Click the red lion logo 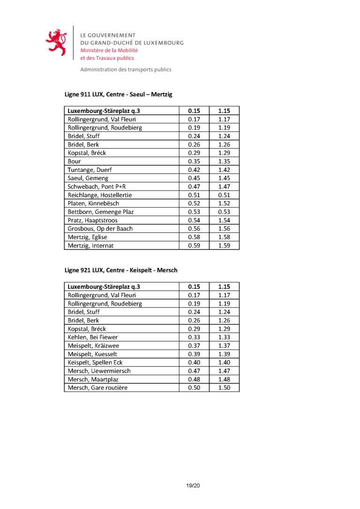click(x=56, y=43)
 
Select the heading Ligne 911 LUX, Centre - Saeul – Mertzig click(x=118, y=94)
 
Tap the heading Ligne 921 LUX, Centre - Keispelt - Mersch click(x=120, y=270)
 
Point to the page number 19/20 click(x=193, y=486)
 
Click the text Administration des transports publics click(x=126, y=69)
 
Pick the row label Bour click(x=74, y=161)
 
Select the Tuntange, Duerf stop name click(x=90, y=170)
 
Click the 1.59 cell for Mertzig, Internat click(x=224, y=245)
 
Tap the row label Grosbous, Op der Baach click(x=100, y=229)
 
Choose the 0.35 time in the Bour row click(x=194, y=161)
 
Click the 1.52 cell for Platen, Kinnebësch click(x=224, y=203)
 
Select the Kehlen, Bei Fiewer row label click(x=93, y=337)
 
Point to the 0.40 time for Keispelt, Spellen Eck click(x=194, y=362)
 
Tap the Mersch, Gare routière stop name click(x=97, y=388)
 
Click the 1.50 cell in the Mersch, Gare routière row click(x=224, y=388)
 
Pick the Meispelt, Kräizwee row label click(x=93, y=345)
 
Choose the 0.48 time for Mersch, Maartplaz click(x=194, y=379)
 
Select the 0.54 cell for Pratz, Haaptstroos click(x=194, y=220)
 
